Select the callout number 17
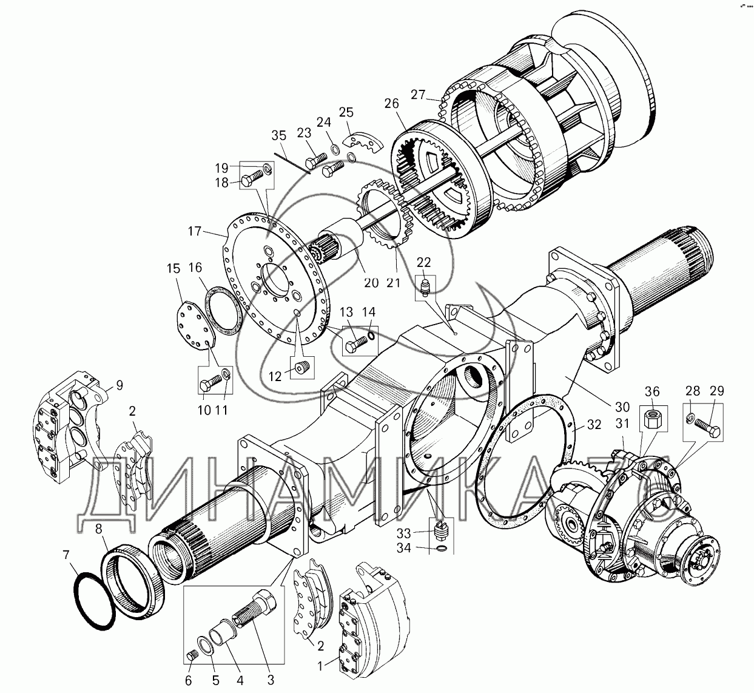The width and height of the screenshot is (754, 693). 194,231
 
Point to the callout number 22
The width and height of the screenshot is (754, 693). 423,262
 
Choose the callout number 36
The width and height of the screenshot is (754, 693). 652,391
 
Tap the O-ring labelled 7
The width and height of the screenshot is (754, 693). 93,597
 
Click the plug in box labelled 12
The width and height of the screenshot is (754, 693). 303,368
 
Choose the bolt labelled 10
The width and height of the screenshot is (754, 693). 210,384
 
